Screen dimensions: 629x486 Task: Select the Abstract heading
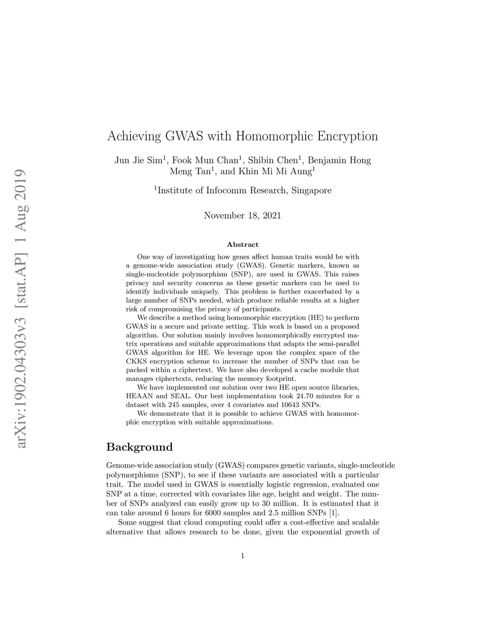point(243,244)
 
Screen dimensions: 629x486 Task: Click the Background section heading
point(140,447)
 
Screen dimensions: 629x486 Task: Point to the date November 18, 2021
point(243,216)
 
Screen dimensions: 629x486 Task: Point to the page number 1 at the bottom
point(243,556)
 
